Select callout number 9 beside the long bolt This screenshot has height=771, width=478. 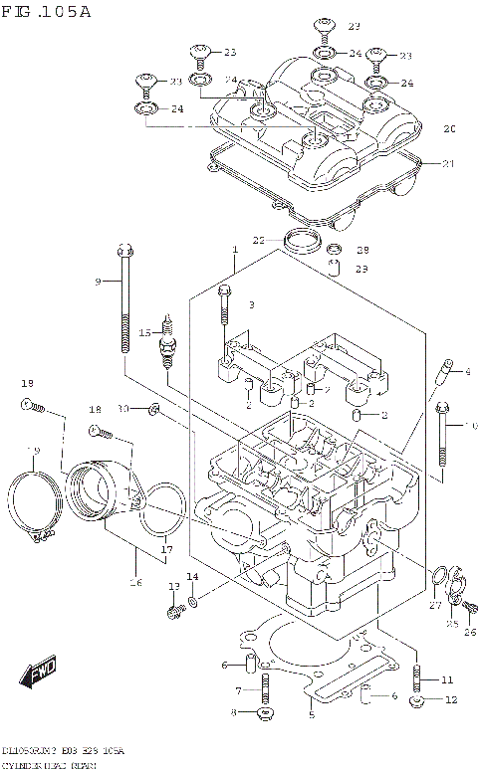[x=99, y=283]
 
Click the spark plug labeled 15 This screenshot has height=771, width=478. [x=169, y=343]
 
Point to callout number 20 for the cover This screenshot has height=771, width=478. [x=448, y=129]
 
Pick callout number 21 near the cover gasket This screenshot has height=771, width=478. [x=448, y=163]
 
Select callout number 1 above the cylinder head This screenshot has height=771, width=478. [x=235, y=249]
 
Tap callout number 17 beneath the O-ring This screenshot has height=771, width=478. [x=166, y=550]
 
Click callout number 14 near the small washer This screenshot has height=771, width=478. [x=192, y=577]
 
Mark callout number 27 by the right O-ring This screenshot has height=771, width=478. [x=434, y=604]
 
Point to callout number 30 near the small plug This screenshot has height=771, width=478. [x=122, y=409]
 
